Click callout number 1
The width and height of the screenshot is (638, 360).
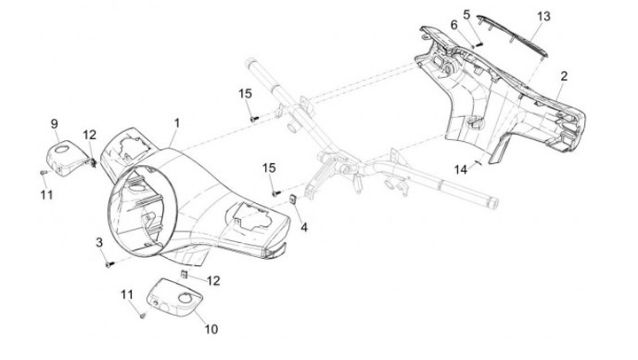point(176,123)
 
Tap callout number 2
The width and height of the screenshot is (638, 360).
point(564,76)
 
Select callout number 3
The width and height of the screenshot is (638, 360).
point(99,243)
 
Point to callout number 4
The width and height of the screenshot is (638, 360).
point(304,227)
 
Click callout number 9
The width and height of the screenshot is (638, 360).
point(55,124)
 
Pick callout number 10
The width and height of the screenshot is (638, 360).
point(211,329)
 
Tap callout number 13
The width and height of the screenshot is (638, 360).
point(543,16)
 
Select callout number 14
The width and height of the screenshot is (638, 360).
point(461,169)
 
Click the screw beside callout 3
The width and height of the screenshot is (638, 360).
point(109,265)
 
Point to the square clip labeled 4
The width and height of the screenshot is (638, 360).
point(293,200)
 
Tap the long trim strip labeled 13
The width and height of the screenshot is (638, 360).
point(513,36)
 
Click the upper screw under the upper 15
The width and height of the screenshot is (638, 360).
point(254,119)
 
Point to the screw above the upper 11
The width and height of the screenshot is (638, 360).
point(43,173)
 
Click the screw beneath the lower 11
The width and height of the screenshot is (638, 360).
point(143,315)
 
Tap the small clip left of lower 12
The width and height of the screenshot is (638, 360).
point(184,275)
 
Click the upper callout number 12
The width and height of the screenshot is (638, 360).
point(89,135)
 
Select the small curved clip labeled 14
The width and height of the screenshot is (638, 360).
point(476,163)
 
